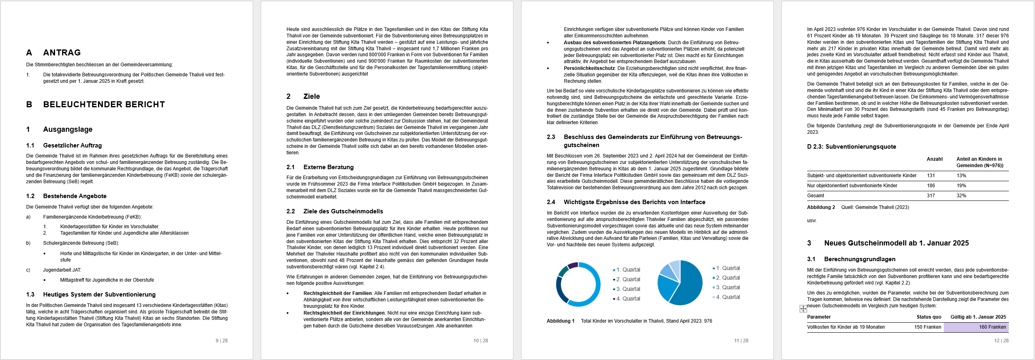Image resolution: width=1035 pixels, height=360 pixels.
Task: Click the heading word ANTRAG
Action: point(62,53)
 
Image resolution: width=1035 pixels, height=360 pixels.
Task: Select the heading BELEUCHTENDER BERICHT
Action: point(104,104)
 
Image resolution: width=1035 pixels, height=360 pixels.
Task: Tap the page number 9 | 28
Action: point(221,341)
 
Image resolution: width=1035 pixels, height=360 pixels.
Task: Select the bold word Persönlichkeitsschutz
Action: point(589,68)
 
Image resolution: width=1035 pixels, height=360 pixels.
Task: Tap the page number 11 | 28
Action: point(741,341)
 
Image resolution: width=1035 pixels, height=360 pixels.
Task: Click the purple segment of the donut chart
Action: point(573,266)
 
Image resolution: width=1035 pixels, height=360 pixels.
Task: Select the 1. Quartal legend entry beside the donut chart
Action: point(628,270)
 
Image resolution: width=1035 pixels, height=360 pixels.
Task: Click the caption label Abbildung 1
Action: point(560,321)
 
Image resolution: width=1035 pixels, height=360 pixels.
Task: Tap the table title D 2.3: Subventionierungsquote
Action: point(851,147)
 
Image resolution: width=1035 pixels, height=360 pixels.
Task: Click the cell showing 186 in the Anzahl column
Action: point(931,186)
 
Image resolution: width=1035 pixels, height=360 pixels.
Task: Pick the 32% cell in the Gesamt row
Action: point(961,196)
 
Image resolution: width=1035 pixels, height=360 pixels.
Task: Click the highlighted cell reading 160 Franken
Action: point(992,327)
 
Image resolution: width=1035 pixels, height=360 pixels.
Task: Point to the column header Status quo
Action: point(929,317)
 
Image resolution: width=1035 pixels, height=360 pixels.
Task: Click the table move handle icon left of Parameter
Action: point(803,309)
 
